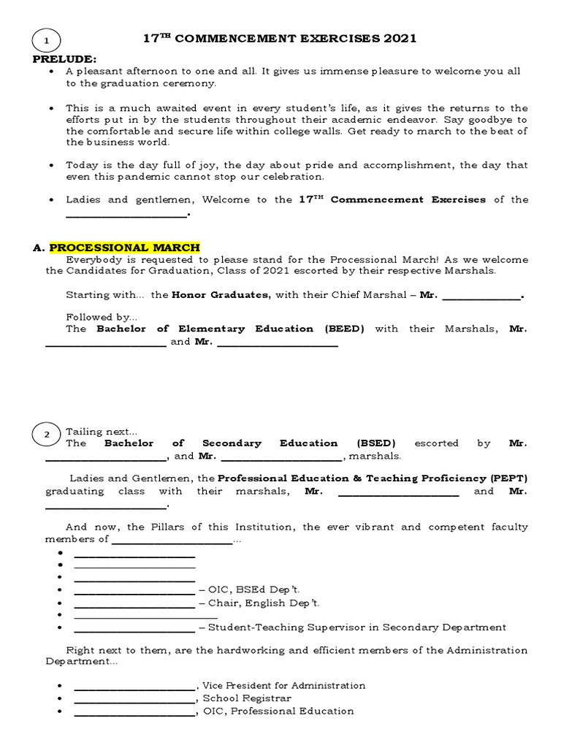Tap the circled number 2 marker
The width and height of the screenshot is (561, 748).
(47, 435)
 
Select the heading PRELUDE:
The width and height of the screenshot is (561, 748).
(65, 58)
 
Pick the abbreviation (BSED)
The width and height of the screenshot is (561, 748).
(376, 443)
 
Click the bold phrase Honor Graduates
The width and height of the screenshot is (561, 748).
(220, 295)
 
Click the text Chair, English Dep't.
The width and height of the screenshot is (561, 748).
(264, 603)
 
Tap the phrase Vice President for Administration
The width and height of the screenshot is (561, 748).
(283, 686)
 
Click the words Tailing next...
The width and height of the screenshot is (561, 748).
(99, 432)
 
